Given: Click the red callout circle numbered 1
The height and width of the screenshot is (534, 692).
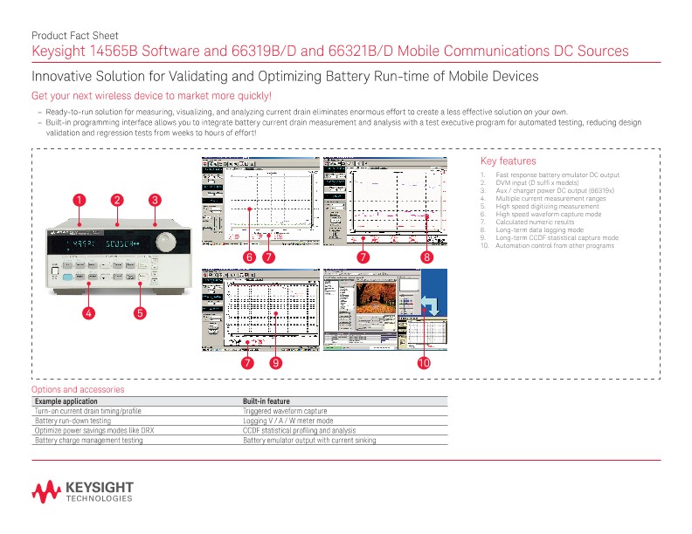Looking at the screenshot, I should coord(80,200).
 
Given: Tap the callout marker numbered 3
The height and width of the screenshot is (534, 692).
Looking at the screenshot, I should coord(155,200).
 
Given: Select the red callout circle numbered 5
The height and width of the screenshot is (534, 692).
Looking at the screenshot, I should coord(139,311).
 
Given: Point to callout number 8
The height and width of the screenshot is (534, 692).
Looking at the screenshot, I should coord(426,257).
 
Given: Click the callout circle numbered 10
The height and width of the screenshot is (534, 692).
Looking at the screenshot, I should coord(423,362).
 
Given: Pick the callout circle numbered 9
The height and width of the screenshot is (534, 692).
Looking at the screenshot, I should coord(275,362).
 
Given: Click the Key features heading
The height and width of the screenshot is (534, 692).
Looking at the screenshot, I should coord(509,161).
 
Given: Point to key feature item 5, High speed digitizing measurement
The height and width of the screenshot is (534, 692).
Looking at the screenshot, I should coord(547,206).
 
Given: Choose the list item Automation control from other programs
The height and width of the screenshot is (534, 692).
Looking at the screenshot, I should coord(554,245).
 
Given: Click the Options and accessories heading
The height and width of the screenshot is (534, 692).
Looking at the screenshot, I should coord(78,389).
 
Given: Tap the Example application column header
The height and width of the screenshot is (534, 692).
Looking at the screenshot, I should coord(73,400).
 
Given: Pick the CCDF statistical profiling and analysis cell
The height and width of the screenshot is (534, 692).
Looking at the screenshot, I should coord(299,430).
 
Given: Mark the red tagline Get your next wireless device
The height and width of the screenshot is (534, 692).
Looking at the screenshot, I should coord(152,95).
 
